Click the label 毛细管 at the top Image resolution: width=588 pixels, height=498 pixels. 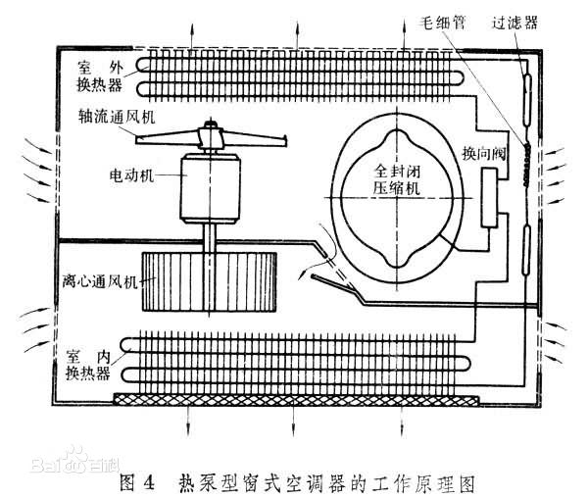pos(443,23)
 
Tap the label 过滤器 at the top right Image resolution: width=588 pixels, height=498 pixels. pos(514,23)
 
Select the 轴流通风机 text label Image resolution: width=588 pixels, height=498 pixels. pos(117,117)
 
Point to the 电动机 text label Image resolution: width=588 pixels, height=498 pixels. pos(131,174)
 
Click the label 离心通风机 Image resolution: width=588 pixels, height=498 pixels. pos(101,281)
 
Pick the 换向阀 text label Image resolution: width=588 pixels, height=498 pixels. pos(484,154)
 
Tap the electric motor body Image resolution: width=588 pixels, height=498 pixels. pos(211,188)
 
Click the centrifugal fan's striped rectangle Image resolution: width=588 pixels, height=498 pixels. pos(210,281)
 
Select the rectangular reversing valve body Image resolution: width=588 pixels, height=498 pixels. pos(489,198)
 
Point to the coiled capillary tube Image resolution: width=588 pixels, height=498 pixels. pos(527,165)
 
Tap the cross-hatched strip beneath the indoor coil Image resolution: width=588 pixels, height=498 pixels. pos(296,400)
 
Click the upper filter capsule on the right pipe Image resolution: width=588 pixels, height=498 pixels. pos(527,100)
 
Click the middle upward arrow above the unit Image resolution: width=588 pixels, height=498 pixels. pos(297,34)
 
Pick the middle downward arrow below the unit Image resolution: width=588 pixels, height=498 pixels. pos(293,421)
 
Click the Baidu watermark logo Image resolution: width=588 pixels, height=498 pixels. pos(75,461)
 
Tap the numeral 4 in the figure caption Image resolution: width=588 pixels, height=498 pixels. pos(149,482)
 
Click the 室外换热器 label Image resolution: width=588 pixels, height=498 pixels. pos(100,76)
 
